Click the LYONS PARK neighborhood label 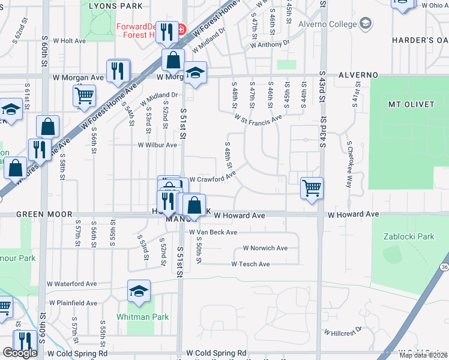click(115, 6)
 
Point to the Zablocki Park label click(409, 236)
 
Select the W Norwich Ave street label click(265, 248)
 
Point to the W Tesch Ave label click(250, 264)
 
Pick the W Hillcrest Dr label click(343, 331)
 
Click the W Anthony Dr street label click(270, 43)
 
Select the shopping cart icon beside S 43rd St click(312, 187)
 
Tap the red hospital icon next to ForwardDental click(181, 29)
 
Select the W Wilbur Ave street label click(157, 145)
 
